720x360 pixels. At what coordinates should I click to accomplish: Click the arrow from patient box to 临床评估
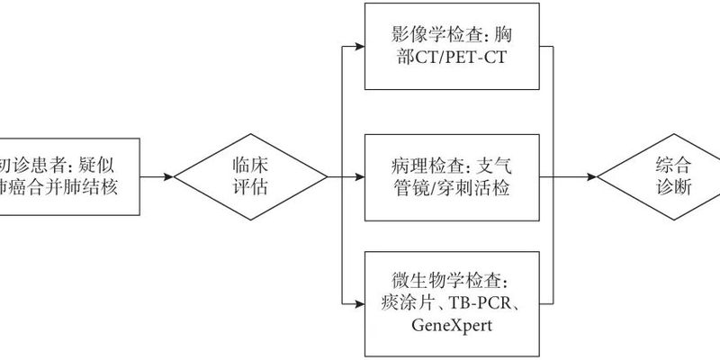(x=158, y=177)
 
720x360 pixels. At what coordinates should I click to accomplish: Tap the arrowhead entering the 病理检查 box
(x=360, y=177)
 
